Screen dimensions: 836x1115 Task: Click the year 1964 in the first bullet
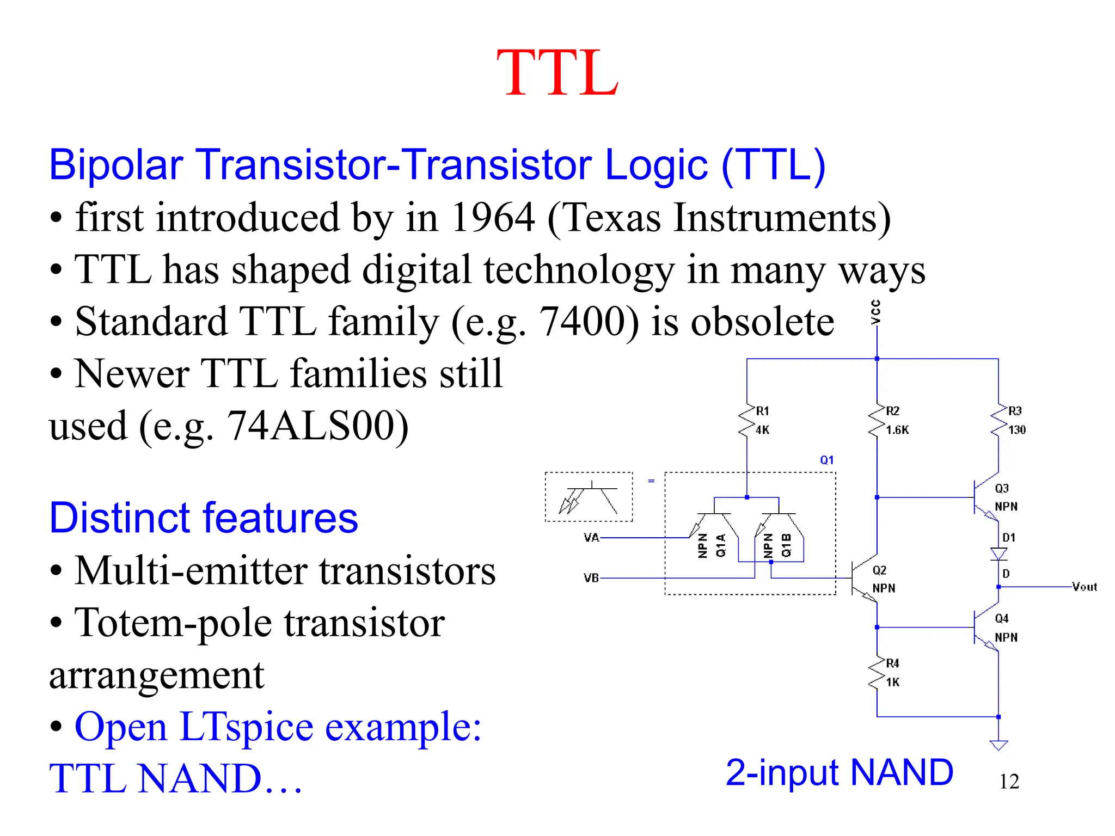point(493,218)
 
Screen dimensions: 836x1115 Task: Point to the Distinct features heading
point(204,518)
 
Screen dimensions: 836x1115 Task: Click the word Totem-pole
point(173,623)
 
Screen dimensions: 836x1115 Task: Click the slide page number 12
point(1009,782)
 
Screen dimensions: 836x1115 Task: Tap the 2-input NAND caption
point(839,772)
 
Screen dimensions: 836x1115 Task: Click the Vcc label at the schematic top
point(875,312)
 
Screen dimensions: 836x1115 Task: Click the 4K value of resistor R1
point(762,430)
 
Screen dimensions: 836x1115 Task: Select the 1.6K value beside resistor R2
point(897,430)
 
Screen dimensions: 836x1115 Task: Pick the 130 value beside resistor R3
point(1016,430)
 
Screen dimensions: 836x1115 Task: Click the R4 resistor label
point(892,663)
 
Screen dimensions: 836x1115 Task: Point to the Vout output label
point(1084,587)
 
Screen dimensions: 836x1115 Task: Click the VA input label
point(591,538)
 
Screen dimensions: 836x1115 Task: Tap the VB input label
point(591,578)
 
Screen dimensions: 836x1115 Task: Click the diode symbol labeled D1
point(998,554)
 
